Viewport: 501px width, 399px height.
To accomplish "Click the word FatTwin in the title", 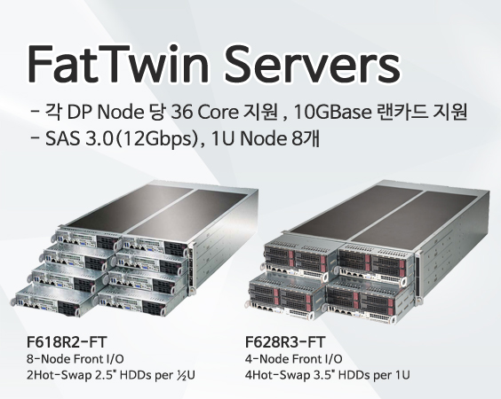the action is [118, 64].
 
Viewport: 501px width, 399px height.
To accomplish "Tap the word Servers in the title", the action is [313, 64].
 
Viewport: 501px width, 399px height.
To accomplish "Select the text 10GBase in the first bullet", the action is [331, 112].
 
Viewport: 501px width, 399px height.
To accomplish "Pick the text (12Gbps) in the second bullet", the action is [156, 139].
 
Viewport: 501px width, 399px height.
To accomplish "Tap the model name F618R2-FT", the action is [66, 342].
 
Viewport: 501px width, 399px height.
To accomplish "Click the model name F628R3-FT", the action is [285, 342].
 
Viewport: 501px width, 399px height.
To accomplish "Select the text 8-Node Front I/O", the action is [76, 359].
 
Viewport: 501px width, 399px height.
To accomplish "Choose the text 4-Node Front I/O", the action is [294, 359].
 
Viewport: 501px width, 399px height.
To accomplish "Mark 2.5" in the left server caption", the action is [104, 375].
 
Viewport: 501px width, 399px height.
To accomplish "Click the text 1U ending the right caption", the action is [402, 375].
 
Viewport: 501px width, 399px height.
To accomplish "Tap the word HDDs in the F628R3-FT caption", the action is [354, 375].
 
